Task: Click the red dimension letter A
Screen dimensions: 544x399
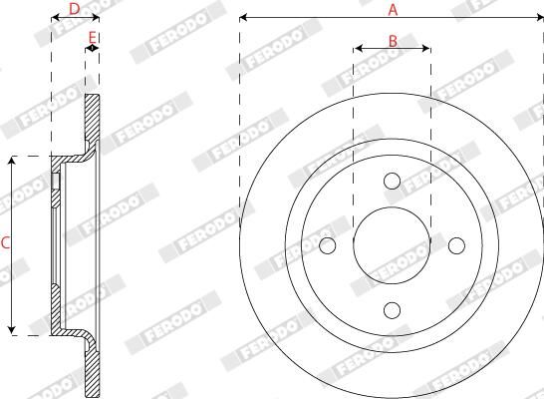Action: tap(393, 10)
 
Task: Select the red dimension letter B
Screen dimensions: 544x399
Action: tap(393, 41)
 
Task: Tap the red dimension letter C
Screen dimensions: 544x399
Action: tap(5, 243)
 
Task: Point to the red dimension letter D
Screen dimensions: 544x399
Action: tap(75, 9)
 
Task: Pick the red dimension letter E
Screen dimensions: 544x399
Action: tap(92, 37)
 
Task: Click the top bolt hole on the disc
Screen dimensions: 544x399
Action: tap(392, 181)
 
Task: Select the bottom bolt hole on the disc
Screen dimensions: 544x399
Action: tap(392, 310)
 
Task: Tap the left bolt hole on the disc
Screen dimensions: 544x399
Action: tap(327, 245)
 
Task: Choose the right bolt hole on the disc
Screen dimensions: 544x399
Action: tap(456, 245)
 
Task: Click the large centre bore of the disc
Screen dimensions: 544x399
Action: tap(392, 245)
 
